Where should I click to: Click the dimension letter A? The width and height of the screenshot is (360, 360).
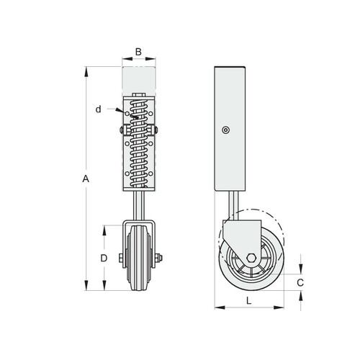point(86,179)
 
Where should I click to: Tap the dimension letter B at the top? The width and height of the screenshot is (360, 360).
point(138,52)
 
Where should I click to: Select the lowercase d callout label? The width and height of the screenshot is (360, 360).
point(98,109)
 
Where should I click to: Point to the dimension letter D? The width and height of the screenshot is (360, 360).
point(104,258)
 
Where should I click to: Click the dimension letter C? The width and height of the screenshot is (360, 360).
point(300,283)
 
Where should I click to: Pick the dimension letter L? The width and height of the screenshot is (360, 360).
point(249,300)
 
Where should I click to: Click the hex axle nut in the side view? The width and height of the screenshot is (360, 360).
point(251,258)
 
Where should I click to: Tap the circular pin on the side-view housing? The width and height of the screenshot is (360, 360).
point(225,130)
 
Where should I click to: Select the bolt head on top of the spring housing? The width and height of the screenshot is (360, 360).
point(138,95)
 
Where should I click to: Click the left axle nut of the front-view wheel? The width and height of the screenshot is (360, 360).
point(121,258)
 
